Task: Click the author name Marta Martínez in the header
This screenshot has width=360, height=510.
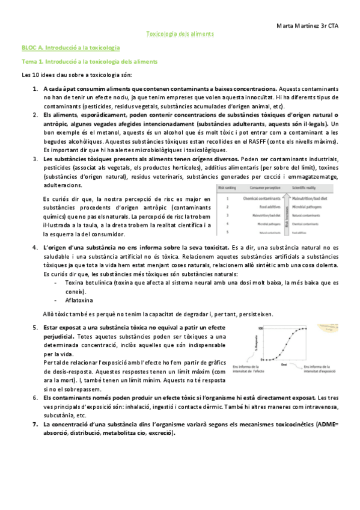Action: (x=298, y=26)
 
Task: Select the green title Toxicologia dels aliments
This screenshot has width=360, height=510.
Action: (x=180, y=34)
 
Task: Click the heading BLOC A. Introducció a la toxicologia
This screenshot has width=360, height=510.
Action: (x=71, y=47)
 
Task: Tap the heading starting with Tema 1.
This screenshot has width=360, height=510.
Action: (x=90, y=61)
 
